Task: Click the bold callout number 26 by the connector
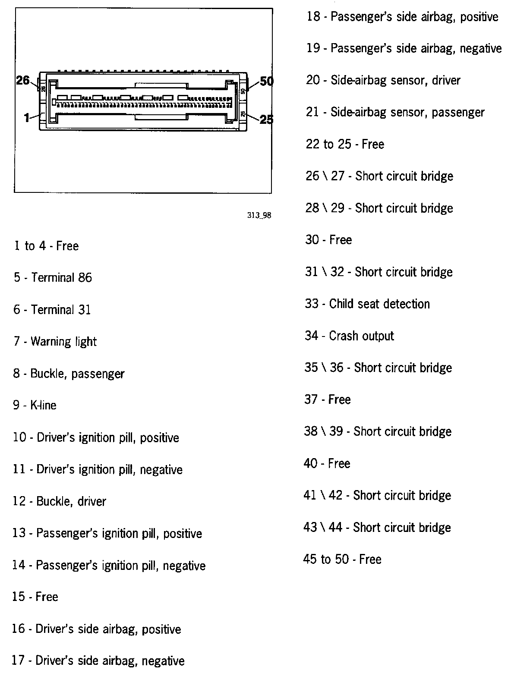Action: click(23, 80)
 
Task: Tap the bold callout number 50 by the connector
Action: click(267, 81)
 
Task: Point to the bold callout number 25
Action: click(266, 119)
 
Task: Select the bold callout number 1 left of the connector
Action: click(27, 117)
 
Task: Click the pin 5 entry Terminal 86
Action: click(53, 277)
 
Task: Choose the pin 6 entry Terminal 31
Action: click(52, 310)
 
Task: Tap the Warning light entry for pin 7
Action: click(55, 342)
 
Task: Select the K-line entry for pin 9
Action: click(35, 405)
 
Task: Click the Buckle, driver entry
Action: click(59, 501)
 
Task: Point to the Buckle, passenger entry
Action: click(69, 374)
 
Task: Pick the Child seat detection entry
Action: click(367, 304)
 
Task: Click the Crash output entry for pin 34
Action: click(349, 336)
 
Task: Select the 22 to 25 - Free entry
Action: click(345, 144)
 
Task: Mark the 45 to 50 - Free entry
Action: click(342, 559)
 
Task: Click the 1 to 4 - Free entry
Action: click(46, 246)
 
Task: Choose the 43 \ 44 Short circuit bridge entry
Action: click(377, 527)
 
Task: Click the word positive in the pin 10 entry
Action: click(159, 438)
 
